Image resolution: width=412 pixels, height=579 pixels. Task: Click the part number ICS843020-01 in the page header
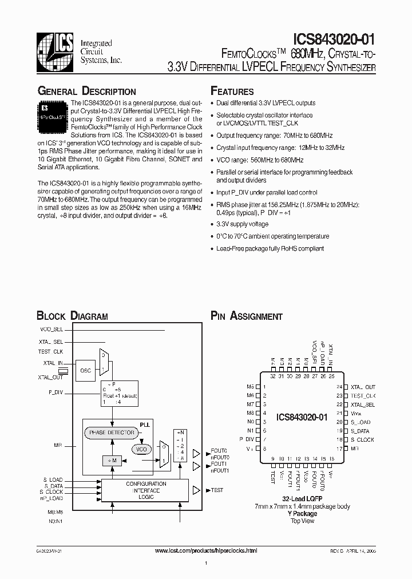tap(334, 39)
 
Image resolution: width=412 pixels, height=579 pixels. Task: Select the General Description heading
tap(86, 92)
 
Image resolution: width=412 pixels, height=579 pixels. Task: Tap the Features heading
tap(232, 92)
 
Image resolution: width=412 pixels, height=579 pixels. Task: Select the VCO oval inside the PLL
tap(141, 450)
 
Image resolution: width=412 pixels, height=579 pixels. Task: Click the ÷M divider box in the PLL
tap(111, 461)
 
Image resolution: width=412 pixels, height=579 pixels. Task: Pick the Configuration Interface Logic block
tap(146, 490)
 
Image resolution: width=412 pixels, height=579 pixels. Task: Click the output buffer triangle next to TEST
tap(196, 490)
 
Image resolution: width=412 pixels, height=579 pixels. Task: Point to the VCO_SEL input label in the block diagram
tap(51, 330)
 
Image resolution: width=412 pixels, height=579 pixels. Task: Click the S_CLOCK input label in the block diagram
tap(51, 492)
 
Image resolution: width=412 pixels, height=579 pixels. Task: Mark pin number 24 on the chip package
tap(339, 387)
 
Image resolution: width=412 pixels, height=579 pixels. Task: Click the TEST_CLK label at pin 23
tap(363, 396)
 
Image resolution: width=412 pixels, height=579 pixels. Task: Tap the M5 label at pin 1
tap(249, 387)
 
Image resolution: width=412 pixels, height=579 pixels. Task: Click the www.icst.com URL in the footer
tap(207, 550)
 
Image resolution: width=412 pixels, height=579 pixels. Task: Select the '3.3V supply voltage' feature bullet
tap(242, 224)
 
